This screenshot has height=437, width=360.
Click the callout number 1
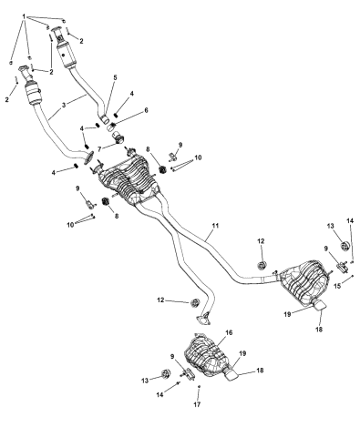(24, 16)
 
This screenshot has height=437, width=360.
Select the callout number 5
(114, 78)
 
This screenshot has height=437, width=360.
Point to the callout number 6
(145, 111)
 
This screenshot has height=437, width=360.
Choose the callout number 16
(229, 333)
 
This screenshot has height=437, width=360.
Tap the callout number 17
(198, 407)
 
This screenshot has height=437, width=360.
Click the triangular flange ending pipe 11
(203, 318)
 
